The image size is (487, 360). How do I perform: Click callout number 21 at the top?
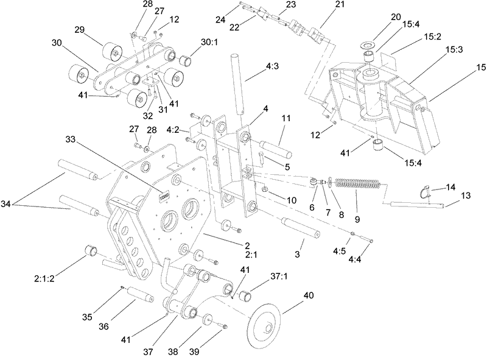click(x=321, y=4)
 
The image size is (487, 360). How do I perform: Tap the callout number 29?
click(x=79, y=30)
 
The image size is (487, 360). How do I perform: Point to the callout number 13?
click(x=465, y=196)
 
